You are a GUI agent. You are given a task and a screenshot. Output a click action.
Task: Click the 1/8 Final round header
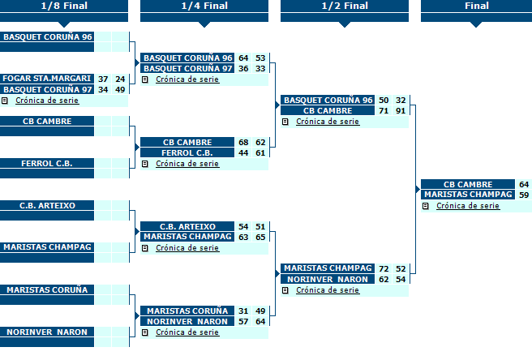[64, 6]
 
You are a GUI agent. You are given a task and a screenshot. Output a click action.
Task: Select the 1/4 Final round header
[204, 6]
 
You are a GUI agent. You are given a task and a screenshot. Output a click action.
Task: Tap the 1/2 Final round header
[345, 6]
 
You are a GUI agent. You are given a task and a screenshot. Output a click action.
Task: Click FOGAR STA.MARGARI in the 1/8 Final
[47, 79]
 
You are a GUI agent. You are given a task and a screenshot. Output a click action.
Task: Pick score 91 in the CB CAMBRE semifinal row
[401, 111]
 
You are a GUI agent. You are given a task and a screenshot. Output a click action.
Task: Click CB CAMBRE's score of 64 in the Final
[524, 185]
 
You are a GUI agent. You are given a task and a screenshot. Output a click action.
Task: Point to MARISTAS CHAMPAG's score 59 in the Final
[524, 195]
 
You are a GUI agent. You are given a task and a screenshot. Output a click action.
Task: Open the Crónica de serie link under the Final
[468, 206]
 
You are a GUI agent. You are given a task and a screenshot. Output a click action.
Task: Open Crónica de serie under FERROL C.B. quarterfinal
[187, 164]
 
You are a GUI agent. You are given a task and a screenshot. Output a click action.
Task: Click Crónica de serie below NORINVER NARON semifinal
[328, 290]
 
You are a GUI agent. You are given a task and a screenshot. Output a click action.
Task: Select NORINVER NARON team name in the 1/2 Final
[328, 279]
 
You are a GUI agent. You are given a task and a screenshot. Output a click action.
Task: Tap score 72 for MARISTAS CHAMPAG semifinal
[384, 268]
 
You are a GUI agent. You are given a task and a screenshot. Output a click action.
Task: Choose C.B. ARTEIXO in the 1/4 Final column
[187, 226]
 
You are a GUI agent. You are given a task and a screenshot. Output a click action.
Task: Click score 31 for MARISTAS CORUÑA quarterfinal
[243, 311]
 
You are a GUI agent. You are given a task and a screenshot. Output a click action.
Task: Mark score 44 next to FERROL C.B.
[243, 153]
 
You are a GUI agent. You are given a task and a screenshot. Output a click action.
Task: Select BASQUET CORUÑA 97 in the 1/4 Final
[187, 69]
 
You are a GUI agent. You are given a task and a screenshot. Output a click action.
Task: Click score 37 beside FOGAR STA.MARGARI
[103, 79]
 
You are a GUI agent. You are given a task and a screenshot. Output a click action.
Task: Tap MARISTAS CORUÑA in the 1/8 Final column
[47, 289]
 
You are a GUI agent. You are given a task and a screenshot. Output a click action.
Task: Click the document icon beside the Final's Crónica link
[426, 206]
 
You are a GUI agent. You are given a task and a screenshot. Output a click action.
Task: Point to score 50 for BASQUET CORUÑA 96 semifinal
[384, 100]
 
